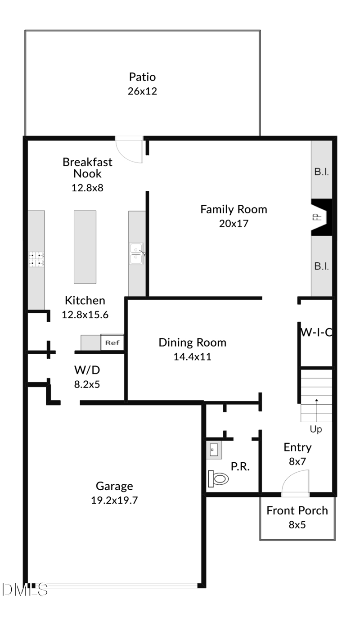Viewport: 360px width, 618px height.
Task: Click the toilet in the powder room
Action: tap(219, 478)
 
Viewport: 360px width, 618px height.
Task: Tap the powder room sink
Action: tap(214, 450)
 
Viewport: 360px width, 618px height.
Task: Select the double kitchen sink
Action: tap(136, 253)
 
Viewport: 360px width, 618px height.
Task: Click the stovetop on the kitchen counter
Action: tap(37, 259)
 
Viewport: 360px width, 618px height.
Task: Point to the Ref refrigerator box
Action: tap(112, 343)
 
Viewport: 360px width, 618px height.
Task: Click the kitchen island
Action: tap(85, 246)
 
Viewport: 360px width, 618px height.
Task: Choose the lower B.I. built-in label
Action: tap(321, 266)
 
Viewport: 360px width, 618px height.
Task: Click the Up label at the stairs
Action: tap(316, 429)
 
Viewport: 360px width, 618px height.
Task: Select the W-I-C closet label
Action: tap(316, 333)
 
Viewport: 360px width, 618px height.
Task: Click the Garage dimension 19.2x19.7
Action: tap(114, 500)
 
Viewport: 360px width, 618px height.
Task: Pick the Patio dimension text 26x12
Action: tap(142, 91)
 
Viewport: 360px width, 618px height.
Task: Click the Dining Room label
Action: tap(192, 343)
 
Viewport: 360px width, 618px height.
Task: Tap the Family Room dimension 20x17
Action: tap(234, 223)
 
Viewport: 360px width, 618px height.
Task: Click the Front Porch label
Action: tap(297, 510)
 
